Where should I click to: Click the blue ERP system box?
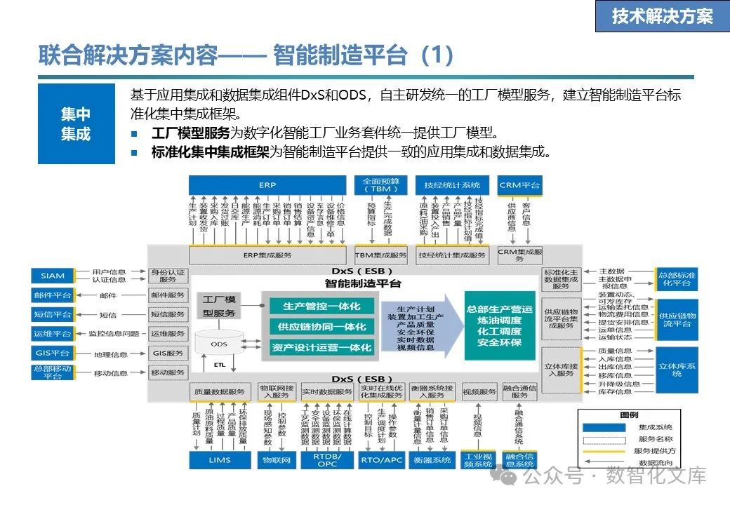pos(267,185)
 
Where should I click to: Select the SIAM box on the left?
pos(52,276)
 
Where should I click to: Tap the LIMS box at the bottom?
pos(220,460)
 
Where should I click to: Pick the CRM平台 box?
pos(519,185)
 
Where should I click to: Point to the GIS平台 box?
pos(52,353)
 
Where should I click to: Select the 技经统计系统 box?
pos(452,185)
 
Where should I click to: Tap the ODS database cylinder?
pos(219,344)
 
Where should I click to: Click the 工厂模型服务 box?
pos(219,307)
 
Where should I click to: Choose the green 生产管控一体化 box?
pos(321,307)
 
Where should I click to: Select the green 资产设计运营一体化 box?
pos(321,346)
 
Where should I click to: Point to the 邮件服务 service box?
pos(168,295)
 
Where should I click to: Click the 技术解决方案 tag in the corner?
pos(662,16)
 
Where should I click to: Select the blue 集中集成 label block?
pos(76,123)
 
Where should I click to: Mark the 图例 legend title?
pos(629,415)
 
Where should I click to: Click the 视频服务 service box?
pos(479,391)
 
